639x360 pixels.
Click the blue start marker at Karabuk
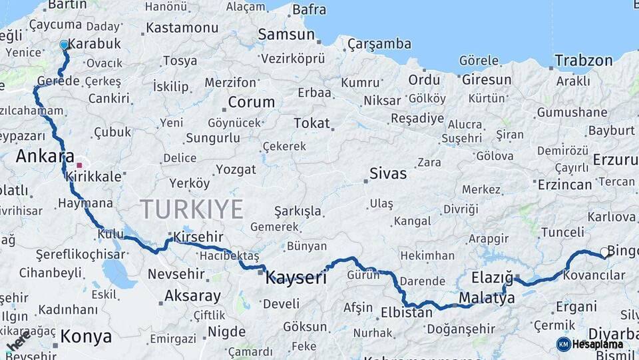coord(64,45)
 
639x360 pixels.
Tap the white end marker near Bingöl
coord(604,252)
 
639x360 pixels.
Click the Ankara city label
coord(45,157)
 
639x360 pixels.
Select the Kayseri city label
coord(296,277)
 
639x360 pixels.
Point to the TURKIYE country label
coord(192,209)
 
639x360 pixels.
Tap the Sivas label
coord(388,173)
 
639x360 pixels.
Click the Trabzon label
coord(584,61)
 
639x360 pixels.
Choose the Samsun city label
coord(286,34)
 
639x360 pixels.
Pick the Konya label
coord(86,337)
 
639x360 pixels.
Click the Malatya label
coord(487,298)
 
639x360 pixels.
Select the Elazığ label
coord(492,277)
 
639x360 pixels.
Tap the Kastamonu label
coord(182,28)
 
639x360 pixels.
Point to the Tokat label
coord(312,123)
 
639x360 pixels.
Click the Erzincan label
coord(564,184)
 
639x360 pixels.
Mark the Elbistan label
coord(406,311)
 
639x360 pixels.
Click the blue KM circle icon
coord(563,344)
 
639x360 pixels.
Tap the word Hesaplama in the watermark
coord(598,345)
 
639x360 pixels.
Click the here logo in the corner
coord(19,341)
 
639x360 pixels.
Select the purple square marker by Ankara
coord(79,165)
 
